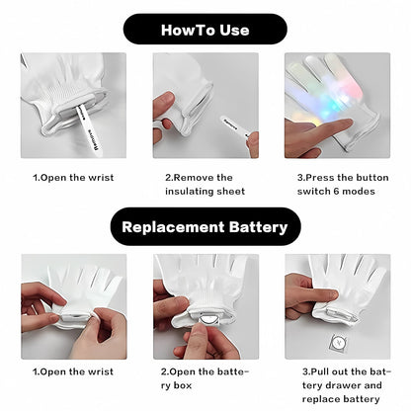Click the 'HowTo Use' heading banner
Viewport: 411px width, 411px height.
pyautogui.click(x=205, y=29)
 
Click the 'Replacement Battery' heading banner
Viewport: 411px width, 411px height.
pyautogui.click(x=205, y=227)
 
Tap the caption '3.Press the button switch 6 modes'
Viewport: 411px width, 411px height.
pyautogui.click(x=336, y=184)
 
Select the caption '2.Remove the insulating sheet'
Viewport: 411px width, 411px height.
pyautogui.click(x=205, y=184)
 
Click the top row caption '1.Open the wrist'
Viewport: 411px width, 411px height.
pyautogui.click(x=73, y=178)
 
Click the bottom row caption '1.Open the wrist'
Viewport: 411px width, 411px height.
pyautogui.click(x=73, y=372)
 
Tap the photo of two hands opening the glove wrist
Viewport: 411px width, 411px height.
pyautogui.click(x=73, y=306)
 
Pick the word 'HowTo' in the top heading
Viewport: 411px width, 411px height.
pyautogui.click(x=185, y=29)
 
